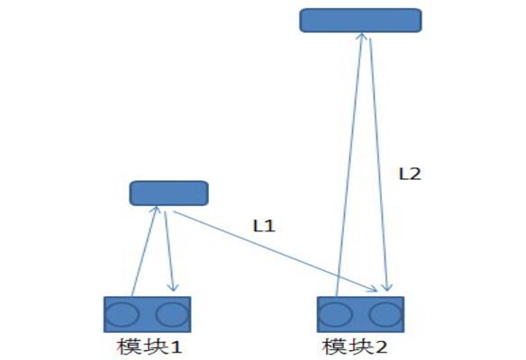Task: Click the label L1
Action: pyautogui.click(x=264, y=226)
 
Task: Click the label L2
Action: pyautogui.click(x=410, y=174)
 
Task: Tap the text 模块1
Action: pyautogui.click(x=150, y=346)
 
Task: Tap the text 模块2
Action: pyautogui.click(x=355, y=346)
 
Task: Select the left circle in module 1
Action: pyautogui.click(x=122, y=314)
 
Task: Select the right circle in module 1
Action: pyautogui.click(x=172, y=314)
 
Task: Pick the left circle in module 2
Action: pyautogui.click(x=335, y=314)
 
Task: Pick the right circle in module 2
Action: pyautogui.click(x=385, y=314)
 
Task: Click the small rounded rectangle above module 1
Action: pyautogui.click(x=168, y=193)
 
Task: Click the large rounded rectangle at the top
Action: pyautogui.click(x=360, y=21)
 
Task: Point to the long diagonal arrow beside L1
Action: pyautogui.click(x=276, y=251)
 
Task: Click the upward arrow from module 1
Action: pyautogui.click(x=144, y=251)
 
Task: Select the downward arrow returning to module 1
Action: pyautogui.click(x=169, y=251)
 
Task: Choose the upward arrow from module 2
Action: pyautogui.click(x=349, y=165)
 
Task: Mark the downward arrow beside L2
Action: pyautogui.click(x=379, y=165)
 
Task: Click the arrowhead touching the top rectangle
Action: pyautogui.click(x=362, y=36)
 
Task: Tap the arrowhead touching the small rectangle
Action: pyautogui.click(x=155, y=210)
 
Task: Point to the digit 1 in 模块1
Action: pyautogui.click(x=176, y=347)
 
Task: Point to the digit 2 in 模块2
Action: pyautogui.click(x=380, y=347)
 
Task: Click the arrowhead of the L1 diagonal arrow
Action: pyautogui.click(x=374, y=288)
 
